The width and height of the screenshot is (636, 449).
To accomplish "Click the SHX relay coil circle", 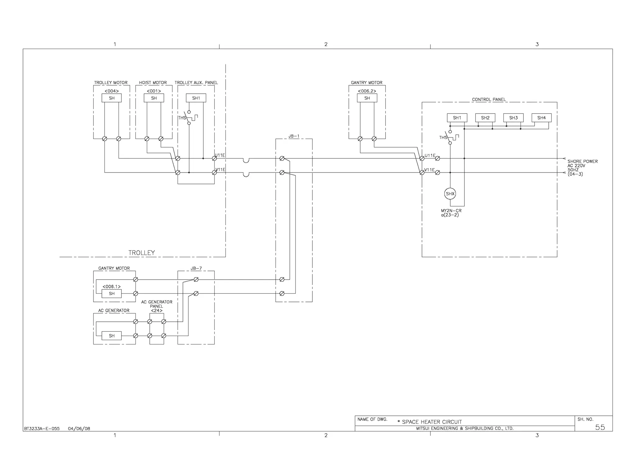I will coord(450,194).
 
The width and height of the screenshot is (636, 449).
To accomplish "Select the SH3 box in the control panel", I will coord(513,118).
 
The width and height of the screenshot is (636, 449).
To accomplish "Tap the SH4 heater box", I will coord(542,118).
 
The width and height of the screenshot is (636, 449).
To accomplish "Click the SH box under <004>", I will coord(112,98).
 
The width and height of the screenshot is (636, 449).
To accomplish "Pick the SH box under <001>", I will coord(154,98).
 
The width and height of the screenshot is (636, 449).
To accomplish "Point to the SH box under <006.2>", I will coord(367,98).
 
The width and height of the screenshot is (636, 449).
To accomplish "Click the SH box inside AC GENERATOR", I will coord(112,336).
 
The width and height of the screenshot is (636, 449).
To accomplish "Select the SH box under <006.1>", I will coord(112,294).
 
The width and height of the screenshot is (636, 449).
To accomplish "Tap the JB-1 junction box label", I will coord(294,136).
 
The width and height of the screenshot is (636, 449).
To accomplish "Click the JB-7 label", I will coord(196,268).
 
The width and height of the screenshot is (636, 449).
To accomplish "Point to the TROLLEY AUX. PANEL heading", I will coord(196,83).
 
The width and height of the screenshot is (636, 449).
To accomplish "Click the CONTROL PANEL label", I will coord(489,100).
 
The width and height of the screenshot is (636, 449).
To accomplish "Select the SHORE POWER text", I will coord(582,161).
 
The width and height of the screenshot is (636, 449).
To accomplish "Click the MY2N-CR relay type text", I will coord(451,211).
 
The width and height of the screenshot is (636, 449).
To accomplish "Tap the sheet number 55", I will coord(600,427).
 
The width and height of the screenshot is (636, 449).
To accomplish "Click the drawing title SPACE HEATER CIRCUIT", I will coord(432,422).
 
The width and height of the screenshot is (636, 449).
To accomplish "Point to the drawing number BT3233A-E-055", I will coord(42,429).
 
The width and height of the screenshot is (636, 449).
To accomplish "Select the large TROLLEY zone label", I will coord(142,253).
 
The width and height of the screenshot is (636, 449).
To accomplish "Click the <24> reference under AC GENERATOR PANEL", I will coord(157,311).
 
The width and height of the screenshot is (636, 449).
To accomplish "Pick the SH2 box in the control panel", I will coord(485,118).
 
